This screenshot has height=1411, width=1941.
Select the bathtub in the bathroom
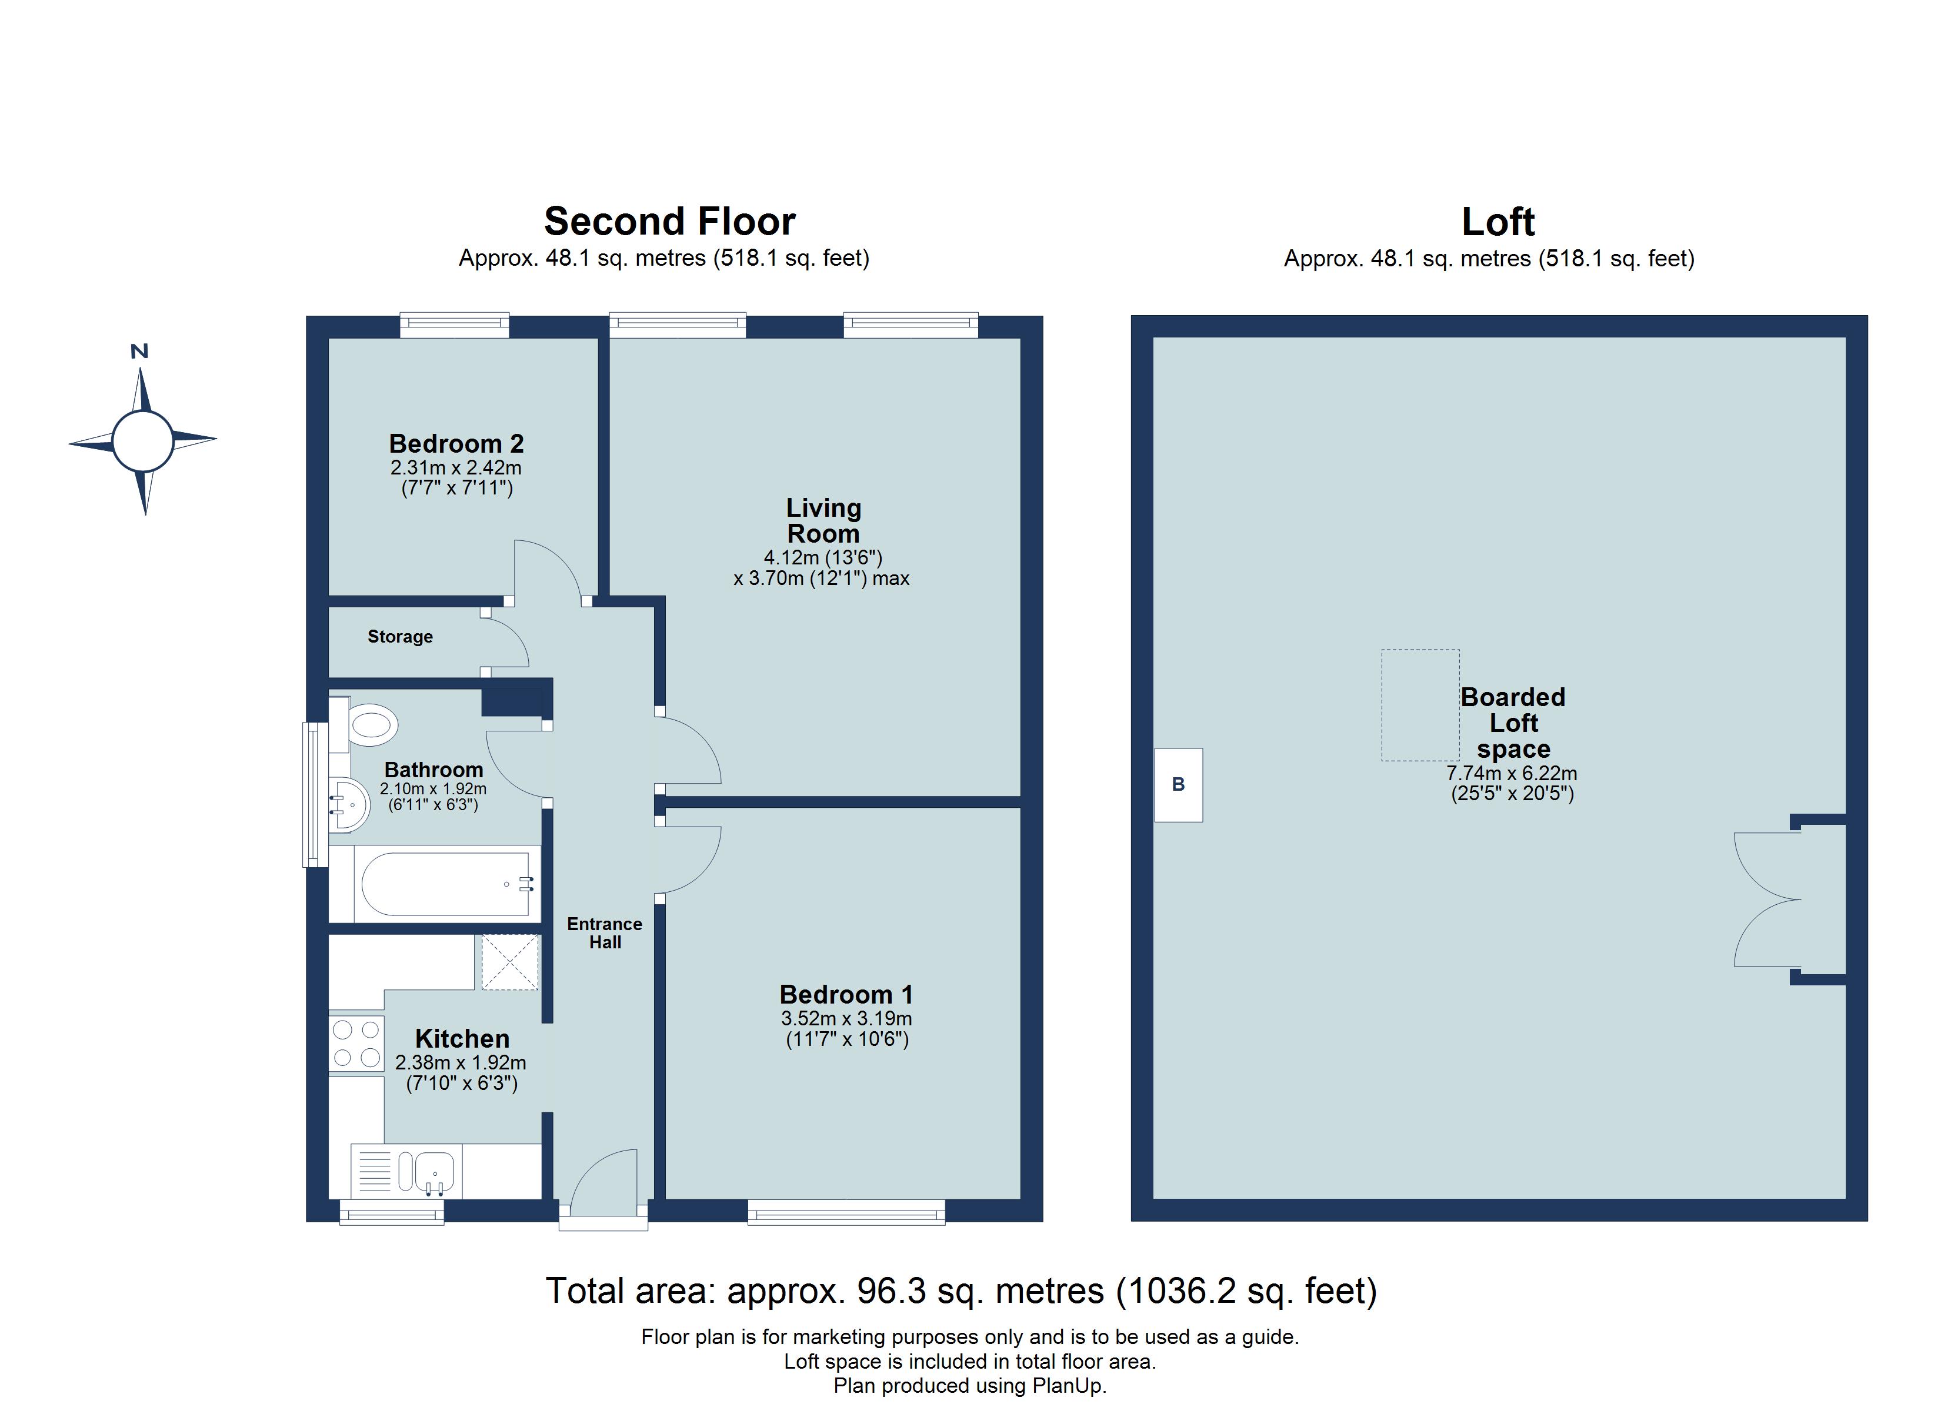point(446,884)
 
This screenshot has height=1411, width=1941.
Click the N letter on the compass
point(139,351)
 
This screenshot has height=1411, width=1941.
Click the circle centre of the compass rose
point(142,441)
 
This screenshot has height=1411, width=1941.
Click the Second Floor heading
point(669,222)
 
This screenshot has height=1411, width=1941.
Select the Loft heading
point(1497,222)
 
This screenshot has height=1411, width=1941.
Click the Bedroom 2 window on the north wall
point(455,323)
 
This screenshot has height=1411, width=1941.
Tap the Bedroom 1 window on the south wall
point(846,1211)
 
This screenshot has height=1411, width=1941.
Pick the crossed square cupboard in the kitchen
point(510,962)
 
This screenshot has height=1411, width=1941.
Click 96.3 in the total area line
point(891,1291)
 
